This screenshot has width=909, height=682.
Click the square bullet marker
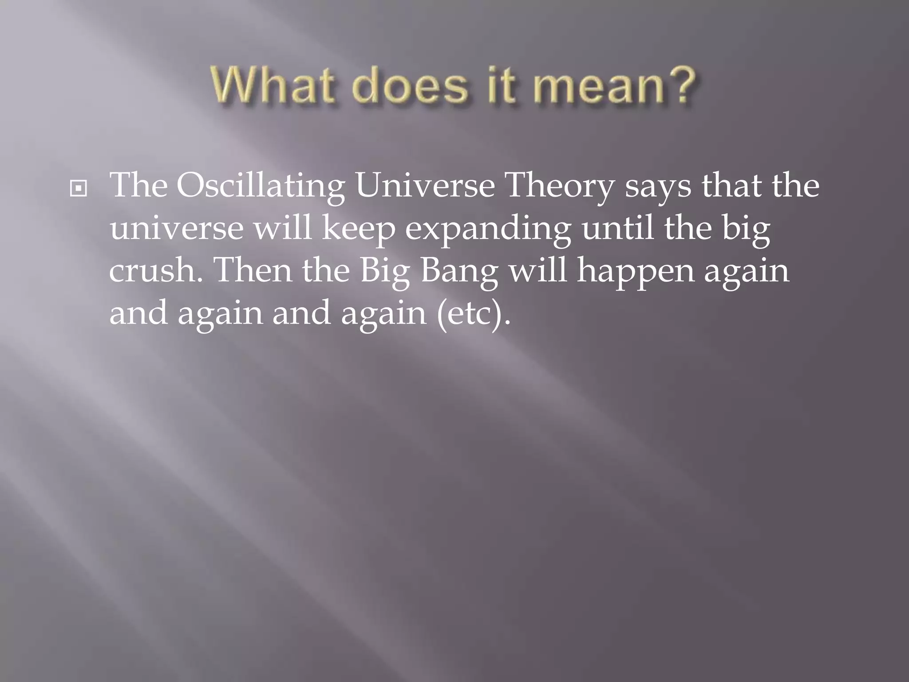[79, 189]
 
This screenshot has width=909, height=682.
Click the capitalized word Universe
[425, 185]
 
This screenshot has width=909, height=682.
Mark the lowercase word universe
[176, 229]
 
